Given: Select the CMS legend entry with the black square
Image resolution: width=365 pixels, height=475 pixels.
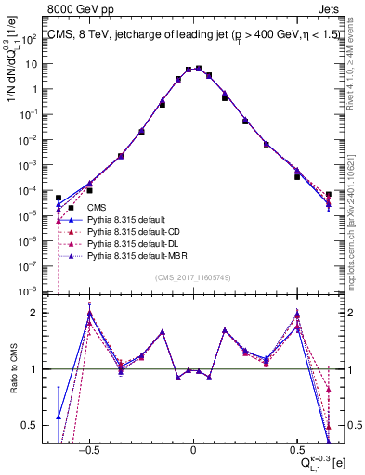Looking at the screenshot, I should (x=98, y=208).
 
